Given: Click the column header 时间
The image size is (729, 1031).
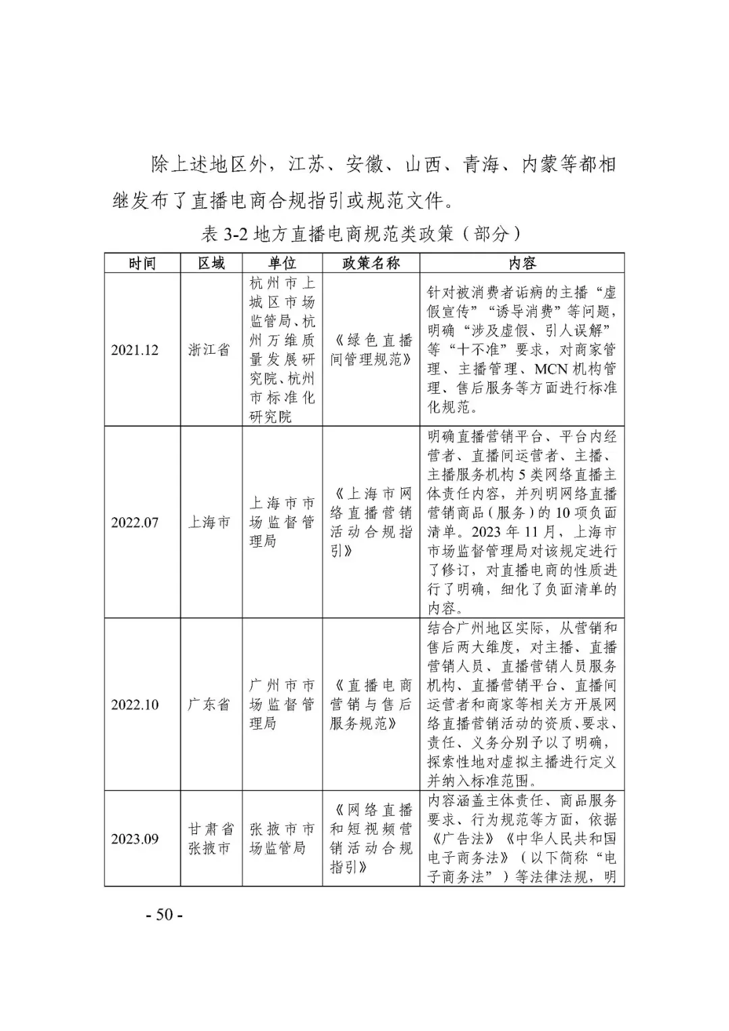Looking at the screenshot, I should (142, 263).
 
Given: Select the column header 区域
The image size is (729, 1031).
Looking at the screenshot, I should (211, 263).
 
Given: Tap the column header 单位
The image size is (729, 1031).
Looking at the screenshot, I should (282, 263).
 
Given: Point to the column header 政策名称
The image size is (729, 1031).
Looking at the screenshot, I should (371, 263).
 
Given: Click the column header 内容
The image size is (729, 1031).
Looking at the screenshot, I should (522, 263).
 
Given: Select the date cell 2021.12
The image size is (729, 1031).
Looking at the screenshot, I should (135, 350).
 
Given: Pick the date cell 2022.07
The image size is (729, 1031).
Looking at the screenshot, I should (135, 523).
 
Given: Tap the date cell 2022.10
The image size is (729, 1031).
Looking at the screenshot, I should (135, 705).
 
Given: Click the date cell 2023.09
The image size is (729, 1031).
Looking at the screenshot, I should (135, 839).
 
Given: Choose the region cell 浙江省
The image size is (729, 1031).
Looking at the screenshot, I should (209, 350).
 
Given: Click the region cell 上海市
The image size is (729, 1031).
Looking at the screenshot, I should (209, 523).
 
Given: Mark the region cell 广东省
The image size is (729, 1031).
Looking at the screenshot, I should (209, 705).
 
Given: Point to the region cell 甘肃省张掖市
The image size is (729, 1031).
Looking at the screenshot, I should (211, 839).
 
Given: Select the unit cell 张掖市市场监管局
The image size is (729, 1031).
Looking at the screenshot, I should (282, 839).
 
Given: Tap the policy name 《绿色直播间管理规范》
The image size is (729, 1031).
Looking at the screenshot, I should (371, 350).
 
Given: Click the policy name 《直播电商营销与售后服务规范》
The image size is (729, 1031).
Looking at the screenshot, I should (371, 705).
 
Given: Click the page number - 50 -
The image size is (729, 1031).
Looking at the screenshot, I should (165, 915).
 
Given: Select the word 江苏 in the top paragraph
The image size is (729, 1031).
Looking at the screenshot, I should (308, 165).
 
